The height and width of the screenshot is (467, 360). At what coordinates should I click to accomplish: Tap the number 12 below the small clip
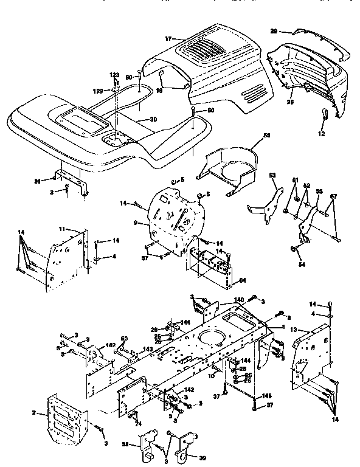[x=322, y=133]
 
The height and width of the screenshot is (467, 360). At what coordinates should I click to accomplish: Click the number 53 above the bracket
[x=272, y=175]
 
